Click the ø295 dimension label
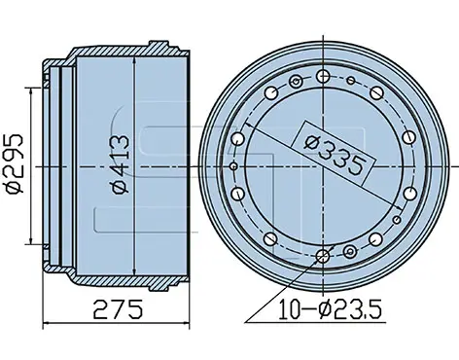pyautogui.click(x=16, y=163)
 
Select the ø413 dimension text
pyautogui.click(x=121, y=164)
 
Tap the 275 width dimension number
pyautogui.click(x=118, y=309)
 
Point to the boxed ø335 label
pyautogui.click(x=335, y=153)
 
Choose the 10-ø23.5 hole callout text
pyautogui.click(x=331, y=309)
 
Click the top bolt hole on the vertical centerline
pyautogui.click(x=323, y=77)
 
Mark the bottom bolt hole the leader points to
pyautogui.click(x=323, y=257)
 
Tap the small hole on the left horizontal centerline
pyautogui.click(x=234, y=166)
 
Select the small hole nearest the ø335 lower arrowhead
pyautogui.click(x=397, y=220)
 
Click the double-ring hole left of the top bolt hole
pyautogui.click(x=296, y=82)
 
